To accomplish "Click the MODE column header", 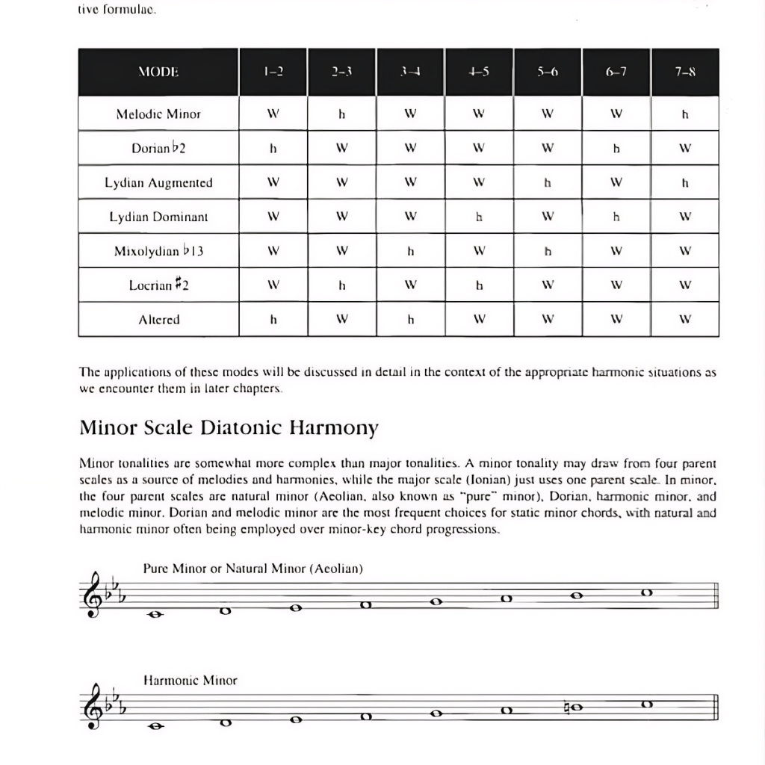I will coord(158,72).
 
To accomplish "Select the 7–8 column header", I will coord(684,72).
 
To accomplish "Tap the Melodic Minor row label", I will coord(158,114).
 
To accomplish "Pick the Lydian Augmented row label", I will coord(158,182).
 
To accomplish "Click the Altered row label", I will coord(158,319).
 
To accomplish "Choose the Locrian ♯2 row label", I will coord(158,285).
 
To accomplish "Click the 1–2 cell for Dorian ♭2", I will coord(273,148).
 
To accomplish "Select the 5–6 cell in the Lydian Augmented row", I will coord(548,182).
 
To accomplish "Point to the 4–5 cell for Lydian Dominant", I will coord(479,217).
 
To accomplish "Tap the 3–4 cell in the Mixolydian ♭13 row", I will coord(410,251).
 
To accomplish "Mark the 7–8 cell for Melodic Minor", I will coord(684,114).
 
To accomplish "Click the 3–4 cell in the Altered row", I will coord(410,319).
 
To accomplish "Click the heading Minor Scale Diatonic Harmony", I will coord(229,428).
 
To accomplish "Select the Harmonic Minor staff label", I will coord(190,681).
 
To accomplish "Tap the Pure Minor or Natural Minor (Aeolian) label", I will coord(253,569).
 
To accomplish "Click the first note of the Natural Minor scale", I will coord(156,615).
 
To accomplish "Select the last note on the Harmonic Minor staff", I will coord(647,704).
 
